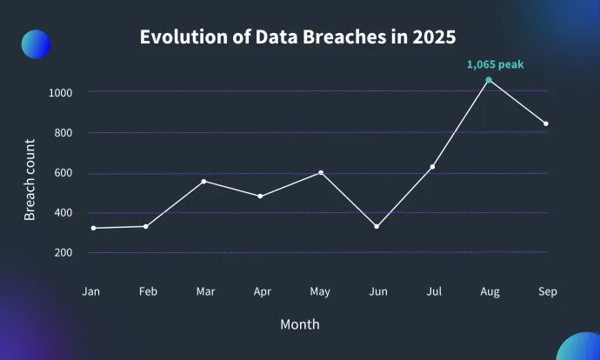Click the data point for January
click(93, 228)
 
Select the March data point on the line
click(203, 181)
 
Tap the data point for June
click(376, 226)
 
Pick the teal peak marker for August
click(489, 80)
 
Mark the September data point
click(546, 123)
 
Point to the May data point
click(321, 172)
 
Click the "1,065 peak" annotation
click(496, 63)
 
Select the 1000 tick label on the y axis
click(61, 92)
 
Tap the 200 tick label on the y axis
click(63, 253)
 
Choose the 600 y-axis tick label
click(63, 173)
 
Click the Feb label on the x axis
click(147, 292)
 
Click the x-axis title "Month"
click(300, 324)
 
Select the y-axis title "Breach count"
click(30, 180)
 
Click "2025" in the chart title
click(434, 38)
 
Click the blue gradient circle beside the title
click(36, 43)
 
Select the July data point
click(432, 166)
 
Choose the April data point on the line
click(261, 196)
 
